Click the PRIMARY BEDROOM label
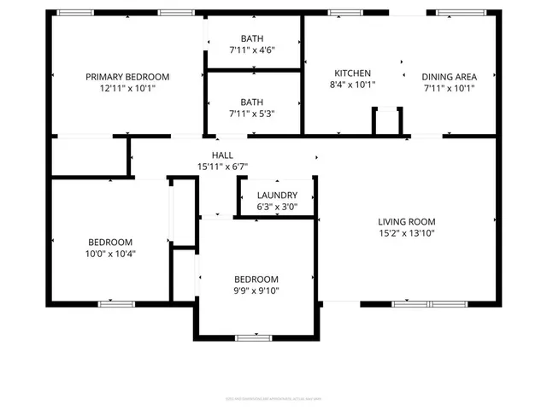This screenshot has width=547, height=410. [x=127, y=77]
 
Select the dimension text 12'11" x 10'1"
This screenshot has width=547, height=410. [x=127, y=88]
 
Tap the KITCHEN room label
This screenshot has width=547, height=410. [x=352, y=73]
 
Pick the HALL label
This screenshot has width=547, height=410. [x=223, y=155]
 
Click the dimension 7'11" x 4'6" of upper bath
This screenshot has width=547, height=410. [x=252, y=50]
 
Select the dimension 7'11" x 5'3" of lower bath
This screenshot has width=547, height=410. [x=252, y=113]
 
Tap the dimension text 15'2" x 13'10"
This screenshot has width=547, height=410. [x=407, y=232]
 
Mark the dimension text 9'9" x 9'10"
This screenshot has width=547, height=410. [x=256, y=290]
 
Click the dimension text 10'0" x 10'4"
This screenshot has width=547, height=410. [x=109, y=253]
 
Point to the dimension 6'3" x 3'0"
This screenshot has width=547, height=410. [x=277, y=207]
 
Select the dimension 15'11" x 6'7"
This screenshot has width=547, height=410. [x=223, y=166]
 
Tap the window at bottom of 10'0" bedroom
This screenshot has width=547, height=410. [x=116, y=303]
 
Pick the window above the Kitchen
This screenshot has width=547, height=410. [x=346, y=13]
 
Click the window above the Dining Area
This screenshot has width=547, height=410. [x=455, y=13]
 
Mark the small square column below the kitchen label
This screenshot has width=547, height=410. [x=387, y=120]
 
